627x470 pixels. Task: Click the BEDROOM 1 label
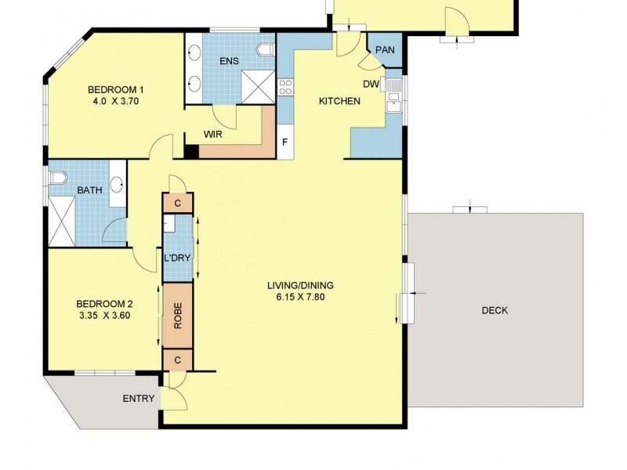(x=114, y=89)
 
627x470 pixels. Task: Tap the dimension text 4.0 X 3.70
(x=114, y=101)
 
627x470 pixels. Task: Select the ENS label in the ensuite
(x=229, y=61)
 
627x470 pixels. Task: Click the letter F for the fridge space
(x=285, y=144)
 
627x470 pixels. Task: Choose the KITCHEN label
(x=339, y=101)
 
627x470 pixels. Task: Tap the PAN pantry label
(x=385, y=50)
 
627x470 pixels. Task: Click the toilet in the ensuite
(x=266, y=51)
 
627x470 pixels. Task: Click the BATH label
(x=88, y=190)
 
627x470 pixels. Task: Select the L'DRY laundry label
(x=178, y=258)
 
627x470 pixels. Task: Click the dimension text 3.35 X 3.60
(x=103, y=316)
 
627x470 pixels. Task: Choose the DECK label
(x=495, y=310)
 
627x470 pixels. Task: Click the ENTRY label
(x=139, y=399)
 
